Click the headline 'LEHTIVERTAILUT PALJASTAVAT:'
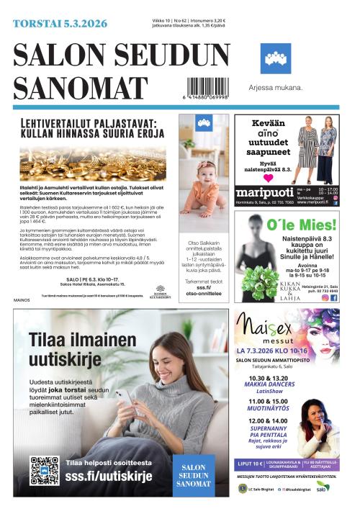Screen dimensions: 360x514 tap(91, 122)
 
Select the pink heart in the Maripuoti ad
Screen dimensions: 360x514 tap(268, 176)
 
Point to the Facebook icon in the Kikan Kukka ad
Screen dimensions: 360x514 tap(333, 297)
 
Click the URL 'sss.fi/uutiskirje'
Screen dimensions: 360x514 tap(109, 476)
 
